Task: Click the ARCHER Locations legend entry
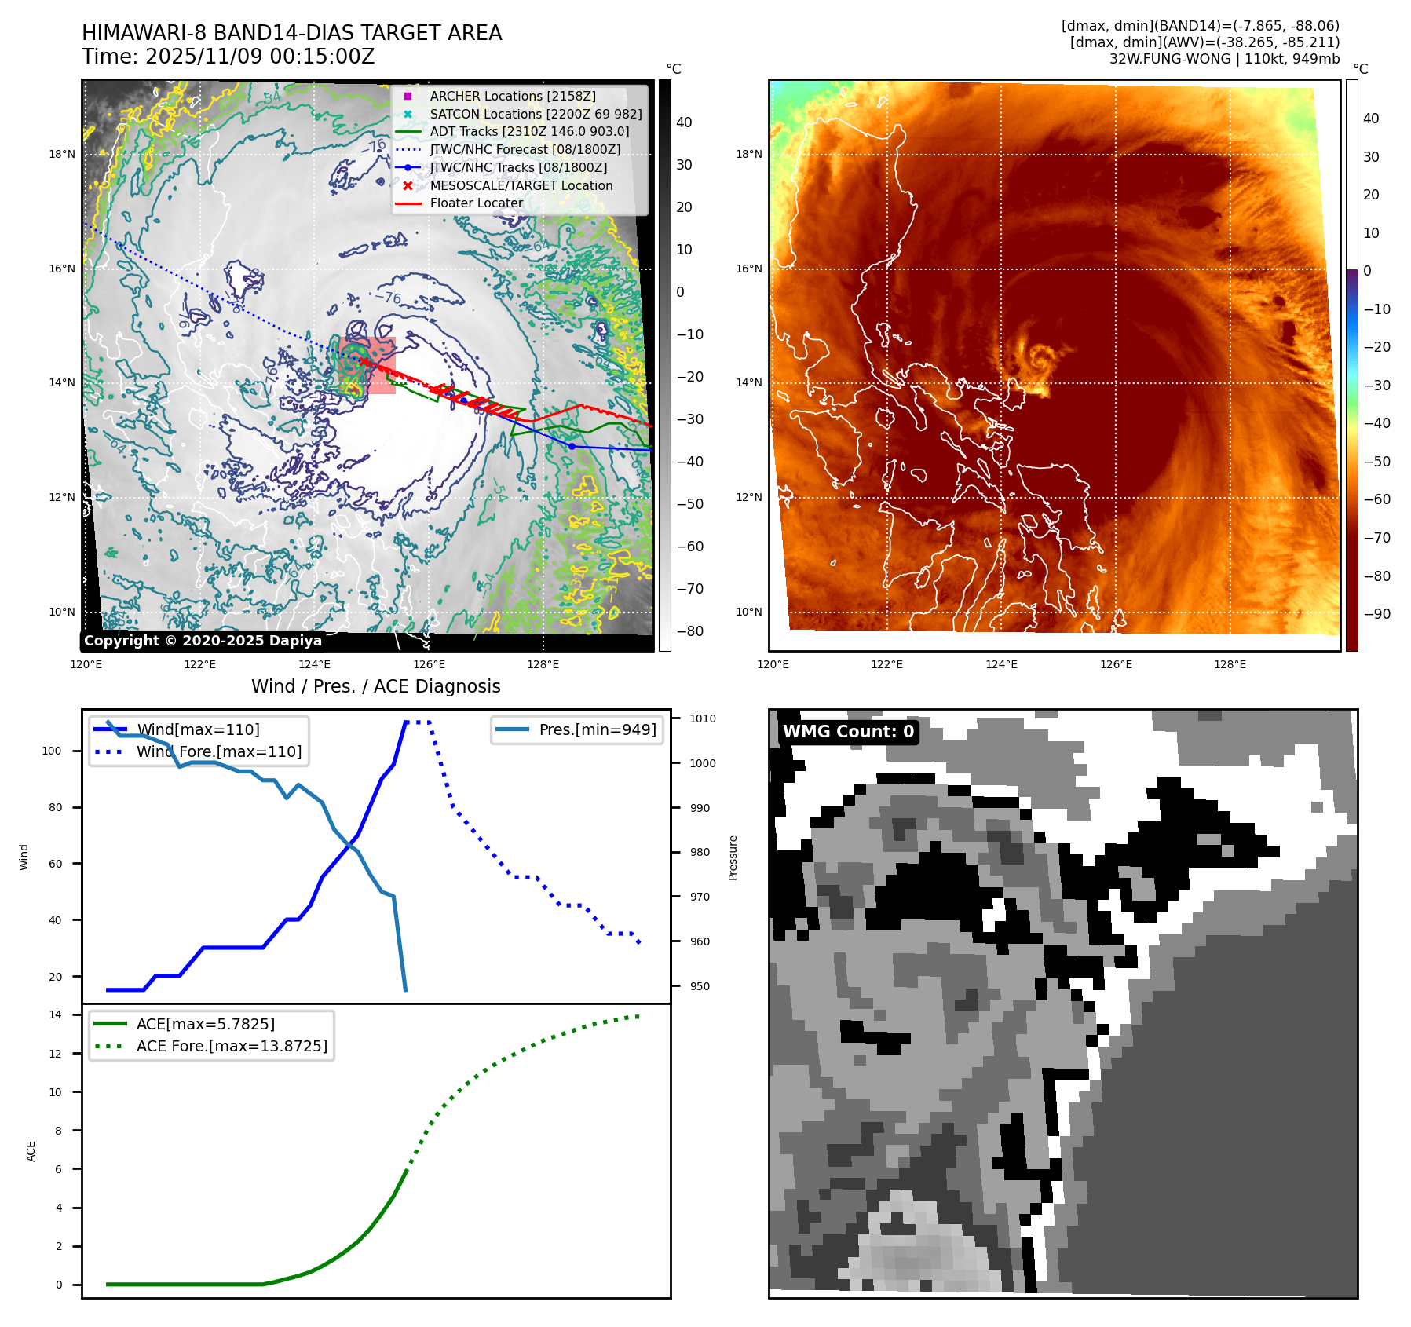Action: pyautogui.click(x=512, y=96)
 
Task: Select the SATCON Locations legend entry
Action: pyautogui.click(x=535, y=114)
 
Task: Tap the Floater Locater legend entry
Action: pyautogui.click(x=476, y=203)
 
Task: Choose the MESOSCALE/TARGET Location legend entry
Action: pyautogui.click(x=521, y=185)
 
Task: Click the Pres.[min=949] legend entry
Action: pyautogui.click(x=597, y=729)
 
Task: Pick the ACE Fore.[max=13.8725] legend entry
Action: pyautogui.click(x=232, y=1046)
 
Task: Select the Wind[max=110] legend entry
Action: pyautogui.click(x=198, y=729)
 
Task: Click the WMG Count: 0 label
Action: pyautogui.click(x=848, y=732)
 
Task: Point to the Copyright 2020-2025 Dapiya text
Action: pyautogui.click(x=203, y=641)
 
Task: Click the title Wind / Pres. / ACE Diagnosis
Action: pyautogui.click(x=375, y=686)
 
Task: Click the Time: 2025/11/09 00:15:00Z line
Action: pyautogui.click(x=228, y=57)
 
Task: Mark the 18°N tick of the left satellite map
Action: pyautogui.click(x=62, y=154)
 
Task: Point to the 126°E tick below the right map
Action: pyautogui.click(x=1116, y=664)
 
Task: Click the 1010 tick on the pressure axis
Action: pyautogui.click(x=702, y=718)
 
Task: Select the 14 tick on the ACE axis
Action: pyautogui.click(x=55, y=1014)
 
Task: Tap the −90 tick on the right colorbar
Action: pyautogui.click(x=1376, y=614)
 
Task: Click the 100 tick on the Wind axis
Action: pyautogui.click(x=52, y=751)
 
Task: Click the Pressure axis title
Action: pyautogui.click(x=733, y=857)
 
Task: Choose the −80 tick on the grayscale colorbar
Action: pyautogui.click(x=690, y=631)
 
